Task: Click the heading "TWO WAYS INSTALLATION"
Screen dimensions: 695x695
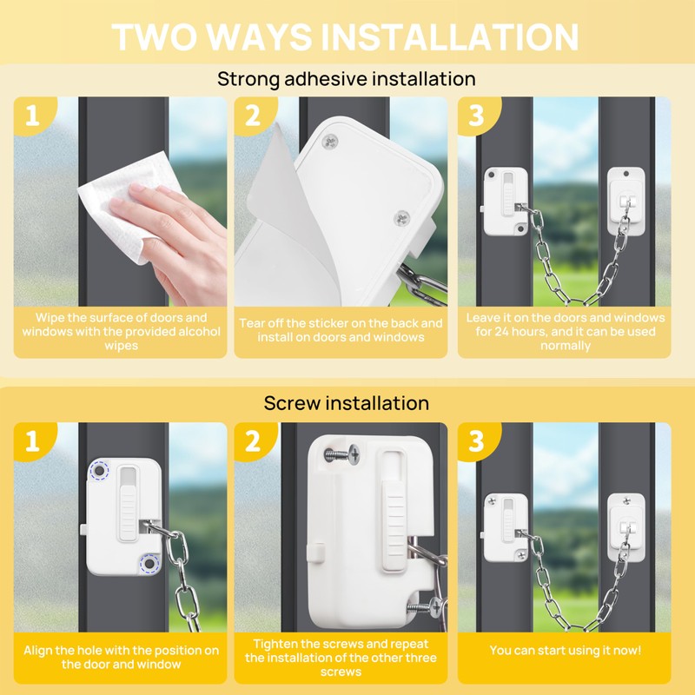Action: tap(345, 36)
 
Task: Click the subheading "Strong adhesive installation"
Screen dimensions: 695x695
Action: tap(346, 79)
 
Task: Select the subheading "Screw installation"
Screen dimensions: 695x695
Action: tap(346, 403)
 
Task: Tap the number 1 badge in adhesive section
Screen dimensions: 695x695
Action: tap(32, 116)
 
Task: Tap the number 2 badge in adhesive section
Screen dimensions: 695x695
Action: tap(253, 116)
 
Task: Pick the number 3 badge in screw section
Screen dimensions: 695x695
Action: tap(476, 441)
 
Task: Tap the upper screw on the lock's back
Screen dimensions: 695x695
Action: tap(329, 142)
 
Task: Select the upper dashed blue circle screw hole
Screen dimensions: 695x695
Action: tap(99, 471)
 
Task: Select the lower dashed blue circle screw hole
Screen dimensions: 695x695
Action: tap(149, 564)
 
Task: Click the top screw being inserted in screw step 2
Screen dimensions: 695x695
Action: tap(342, 453)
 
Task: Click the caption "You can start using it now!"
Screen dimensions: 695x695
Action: tap(566, 650)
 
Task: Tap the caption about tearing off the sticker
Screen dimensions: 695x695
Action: tap(341, 330)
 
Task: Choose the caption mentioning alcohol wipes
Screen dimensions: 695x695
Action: tap(121, 332)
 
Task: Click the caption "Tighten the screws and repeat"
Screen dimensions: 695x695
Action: tap(341, 644)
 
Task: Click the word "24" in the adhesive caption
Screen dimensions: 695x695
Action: tap(503, 332)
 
